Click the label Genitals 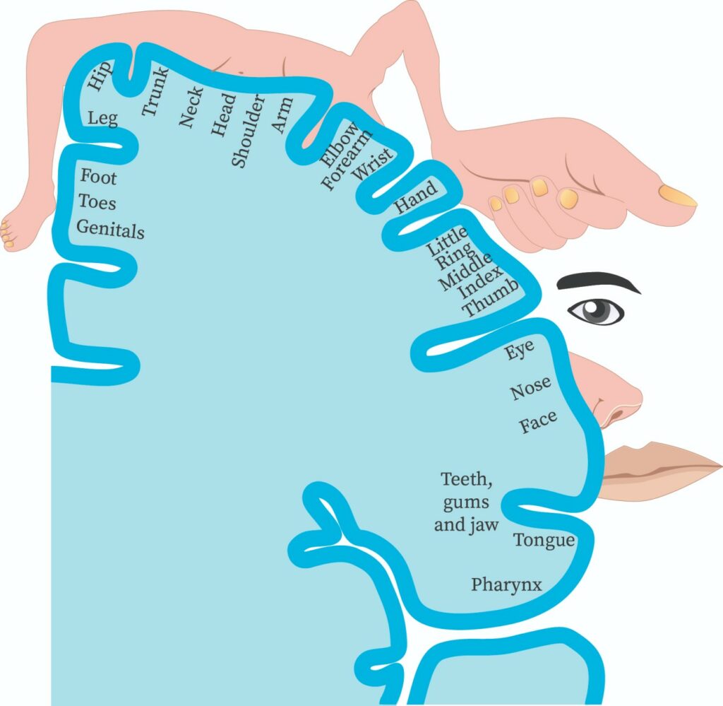[110, 229]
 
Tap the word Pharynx [506, 585]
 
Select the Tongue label [544, 541]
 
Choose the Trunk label [155, 92]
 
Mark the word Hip [100, 76]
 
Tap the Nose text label [530, 387]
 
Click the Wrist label [373, 164]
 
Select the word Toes [97, 202]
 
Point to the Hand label [415, 196]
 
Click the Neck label [191, 107]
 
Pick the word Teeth [467, 480]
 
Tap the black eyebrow [599, 281]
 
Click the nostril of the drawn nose [616, 418]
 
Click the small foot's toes [7, 235]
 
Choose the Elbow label [340, 144]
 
